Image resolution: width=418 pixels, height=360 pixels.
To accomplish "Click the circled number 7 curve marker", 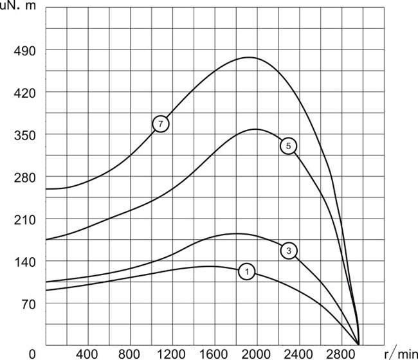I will (x=161, y=123).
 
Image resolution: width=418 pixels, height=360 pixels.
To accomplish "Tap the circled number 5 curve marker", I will (x=288, y=146).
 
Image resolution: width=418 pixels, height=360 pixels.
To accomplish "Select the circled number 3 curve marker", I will (x=289, y=250).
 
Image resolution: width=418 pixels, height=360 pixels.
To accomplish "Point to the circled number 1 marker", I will (x=247, y=272).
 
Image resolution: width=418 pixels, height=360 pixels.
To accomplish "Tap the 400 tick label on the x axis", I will (x=87, y=354).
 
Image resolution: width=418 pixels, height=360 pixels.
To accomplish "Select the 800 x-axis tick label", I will (x=129, y=354).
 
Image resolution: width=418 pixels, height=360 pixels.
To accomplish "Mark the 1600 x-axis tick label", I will (x=214, y=354).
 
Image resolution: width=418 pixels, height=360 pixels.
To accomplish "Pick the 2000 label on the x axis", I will (x=256, y=354).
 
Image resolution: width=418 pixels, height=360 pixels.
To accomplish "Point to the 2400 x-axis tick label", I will (x=298, y=354).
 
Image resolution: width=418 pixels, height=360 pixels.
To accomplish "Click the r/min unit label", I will (x=399, y=354).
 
